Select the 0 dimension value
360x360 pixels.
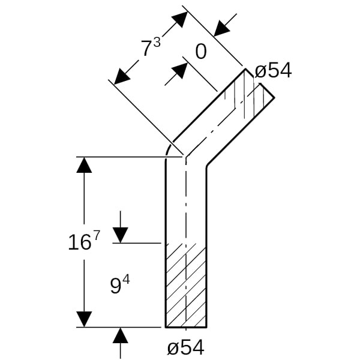(x=201, y=52)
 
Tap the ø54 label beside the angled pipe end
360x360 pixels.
(x=273, y=71)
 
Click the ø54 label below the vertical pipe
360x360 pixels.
(x=185, y=347)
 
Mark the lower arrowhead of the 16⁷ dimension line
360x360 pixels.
(x=84, y=320)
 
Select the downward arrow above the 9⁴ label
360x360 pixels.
(x=121, y=235)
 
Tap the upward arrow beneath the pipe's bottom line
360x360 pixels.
(x=121, y=335)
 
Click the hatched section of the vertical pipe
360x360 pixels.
(x=186, y=285)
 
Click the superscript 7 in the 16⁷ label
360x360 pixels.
(x=96, y=236)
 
